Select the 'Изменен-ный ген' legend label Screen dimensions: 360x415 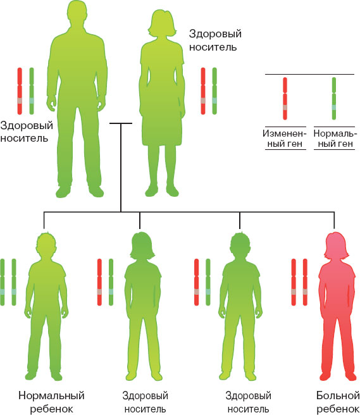[284, 139]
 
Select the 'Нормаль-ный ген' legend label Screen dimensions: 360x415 [333, 139]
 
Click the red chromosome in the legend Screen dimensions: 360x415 [285, 99]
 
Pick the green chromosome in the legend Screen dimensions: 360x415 [334, 99]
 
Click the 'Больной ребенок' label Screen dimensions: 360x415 [338, 402]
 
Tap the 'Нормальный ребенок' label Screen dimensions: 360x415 [51, 402]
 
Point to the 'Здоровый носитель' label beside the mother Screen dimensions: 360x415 [215, 40]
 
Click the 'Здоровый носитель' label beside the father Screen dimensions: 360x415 [27, 132]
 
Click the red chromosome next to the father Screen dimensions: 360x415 [20, 91]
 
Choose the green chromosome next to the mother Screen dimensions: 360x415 [214, 91]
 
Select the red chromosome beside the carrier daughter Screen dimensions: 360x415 [99, 282]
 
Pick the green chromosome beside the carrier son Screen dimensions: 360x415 [208, 282]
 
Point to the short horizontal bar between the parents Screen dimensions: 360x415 [121, 123]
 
